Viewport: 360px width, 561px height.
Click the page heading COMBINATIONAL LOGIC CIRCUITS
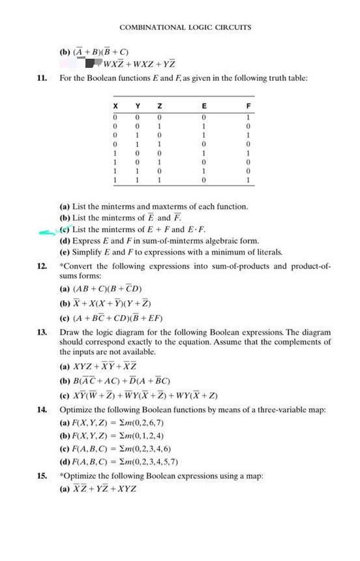(x=185, y=27)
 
